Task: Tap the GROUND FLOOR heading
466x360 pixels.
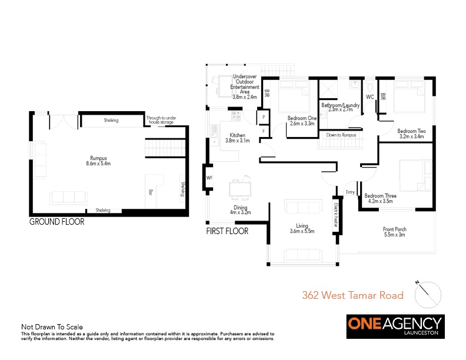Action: [x=56, y=222]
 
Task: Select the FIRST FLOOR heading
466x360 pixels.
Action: [x=227, y=231]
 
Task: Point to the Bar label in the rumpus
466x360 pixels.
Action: [x=151, y=192]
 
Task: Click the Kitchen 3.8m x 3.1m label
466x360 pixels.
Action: [x=238, y=138]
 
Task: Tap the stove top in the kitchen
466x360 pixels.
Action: [x=236, y=115]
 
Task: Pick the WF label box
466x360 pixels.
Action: [x=209, y=178]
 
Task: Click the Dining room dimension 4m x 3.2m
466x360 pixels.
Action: [x=241, y=212]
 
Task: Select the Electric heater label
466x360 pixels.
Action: [x=336, y=215]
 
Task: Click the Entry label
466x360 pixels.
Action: [x=351, y=192]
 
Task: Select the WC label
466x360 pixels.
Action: [x=370, y=97]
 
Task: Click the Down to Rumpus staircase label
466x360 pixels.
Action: [x=341, y=135]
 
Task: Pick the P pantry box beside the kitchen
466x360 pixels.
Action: [x=264, y=117]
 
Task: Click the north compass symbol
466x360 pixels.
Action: [x=427, y=294]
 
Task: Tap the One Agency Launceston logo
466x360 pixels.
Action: [x=395, y=326]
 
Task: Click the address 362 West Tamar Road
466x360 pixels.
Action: [x=353, y=295]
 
